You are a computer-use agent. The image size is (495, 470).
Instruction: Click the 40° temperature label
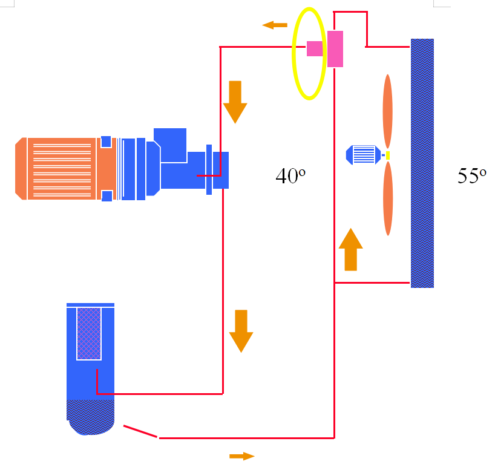point(290,175)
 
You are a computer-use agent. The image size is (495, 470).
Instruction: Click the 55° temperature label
point(471,175)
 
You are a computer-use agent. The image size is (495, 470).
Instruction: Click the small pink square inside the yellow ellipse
point(314,48)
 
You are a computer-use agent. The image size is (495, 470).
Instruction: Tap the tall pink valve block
point(335,48)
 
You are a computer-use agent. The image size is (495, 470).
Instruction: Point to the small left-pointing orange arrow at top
point(275,25)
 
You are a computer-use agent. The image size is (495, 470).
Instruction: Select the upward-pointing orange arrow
point(350,249)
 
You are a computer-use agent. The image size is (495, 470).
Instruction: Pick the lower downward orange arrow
point(241,330)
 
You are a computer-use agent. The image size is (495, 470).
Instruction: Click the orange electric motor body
point(57,168)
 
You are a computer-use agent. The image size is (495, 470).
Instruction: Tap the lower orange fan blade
point(388,198)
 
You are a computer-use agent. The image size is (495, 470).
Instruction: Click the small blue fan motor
point(362,154)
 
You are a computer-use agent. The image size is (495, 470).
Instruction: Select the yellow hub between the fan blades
point(388,155)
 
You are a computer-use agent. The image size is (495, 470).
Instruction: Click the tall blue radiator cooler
point(422,163)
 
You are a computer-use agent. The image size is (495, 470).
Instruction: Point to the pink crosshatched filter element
point(89,333)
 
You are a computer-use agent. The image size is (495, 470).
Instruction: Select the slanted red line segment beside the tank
point(141,431)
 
